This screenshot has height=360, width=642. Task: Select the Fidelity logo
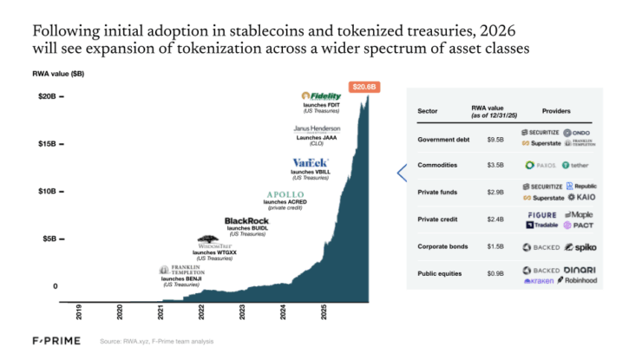(x=323, y=95)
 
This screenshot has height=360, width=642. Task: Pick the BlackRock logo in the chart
(x=246, y=222)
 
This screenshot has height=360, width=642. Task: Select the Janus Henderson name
(x=318, y=129)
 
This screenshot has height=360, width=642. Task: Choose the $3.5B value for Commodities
(x=495, y=165)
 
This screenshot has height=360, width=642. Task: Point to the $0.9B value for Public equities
(x=495, y=274)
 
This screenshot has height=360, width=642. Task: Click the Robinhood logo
(x=578, y=280)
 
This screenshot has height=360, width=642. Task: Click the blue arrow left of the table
(x=402, y=173)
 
